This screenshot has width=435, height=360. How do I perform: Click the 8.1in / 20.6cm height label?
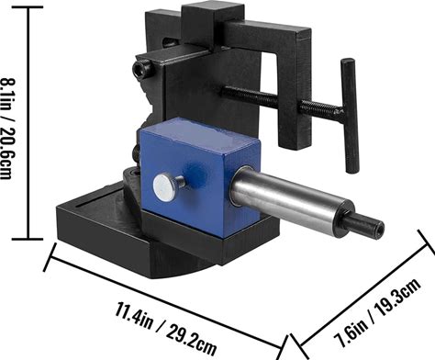7,129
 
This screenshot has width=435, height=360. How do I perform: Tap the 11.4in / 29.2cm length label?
165,328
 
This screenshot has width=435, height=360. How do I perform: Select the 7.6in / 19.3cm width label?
377,313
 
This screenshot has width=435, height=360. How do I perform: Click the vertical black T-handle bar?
350,116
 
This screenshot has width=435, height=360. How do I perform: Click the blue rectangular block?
199,177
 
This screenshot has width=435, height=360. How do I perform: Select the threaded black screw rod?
282,100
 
